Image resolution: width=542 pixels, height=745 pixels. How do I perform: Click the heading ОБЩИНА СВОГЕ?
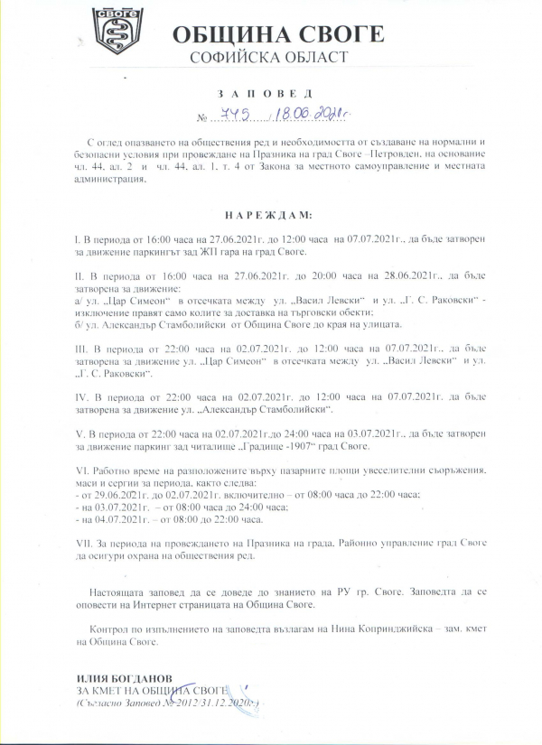(277, 35)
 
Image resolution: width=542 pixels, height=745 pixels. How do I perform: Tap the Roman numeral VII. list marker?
(84, 544)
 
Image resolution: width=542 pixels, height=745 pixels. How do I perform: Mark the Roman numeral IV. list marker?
(83, 395)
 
